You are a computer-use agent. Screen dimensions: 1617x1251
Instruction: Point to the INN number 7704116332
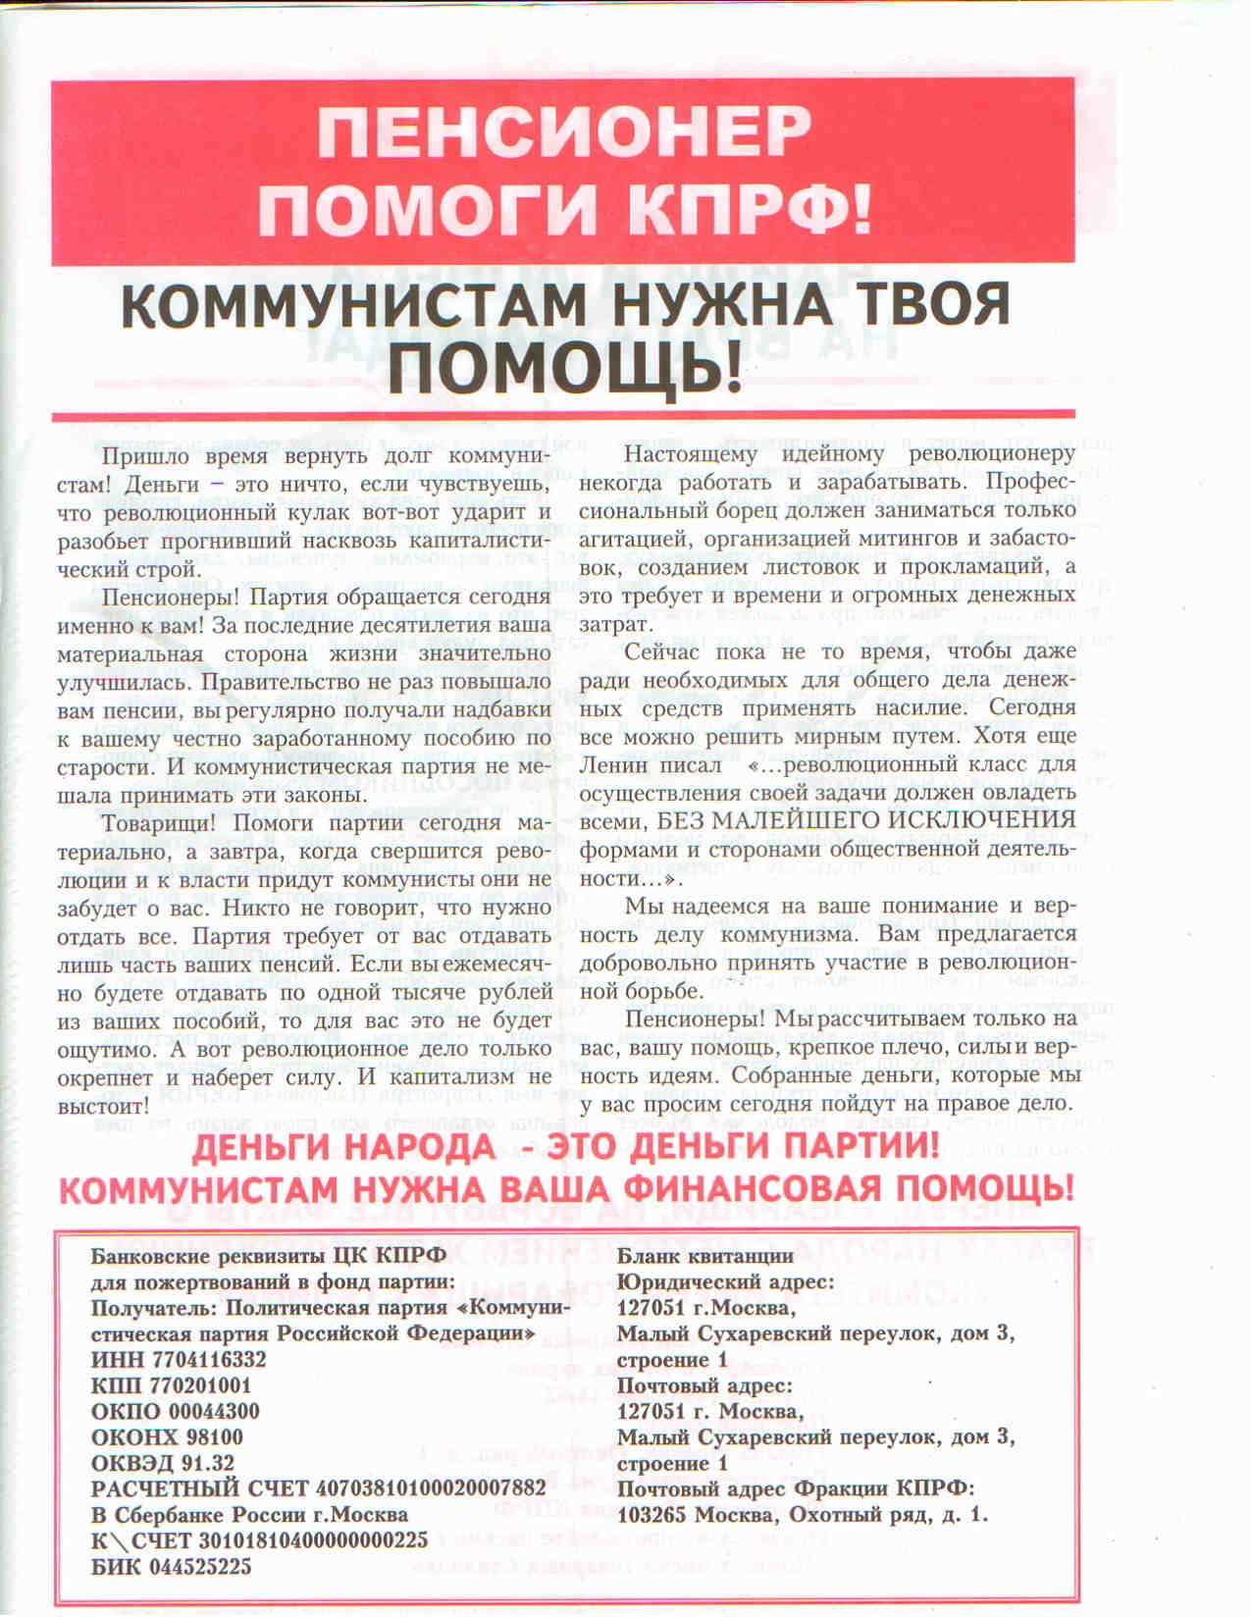click(x=209, y=1360)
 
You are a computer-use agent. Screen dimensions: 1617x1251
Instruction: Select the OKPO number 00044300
click(x=206, y=1411)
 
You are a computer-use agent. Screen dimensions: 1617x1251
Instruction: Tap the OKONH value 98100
click(x=210, y=1436)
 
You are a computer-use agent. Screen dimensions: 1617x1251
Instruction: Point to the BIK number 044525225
click(x=200, y=1566)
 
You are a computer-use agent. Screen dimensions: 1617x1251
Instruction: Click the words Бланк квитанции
click(x=704, y=1256)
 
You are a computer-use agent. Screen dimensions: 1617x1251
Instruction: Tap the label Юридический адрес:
click(x=725, y=1281)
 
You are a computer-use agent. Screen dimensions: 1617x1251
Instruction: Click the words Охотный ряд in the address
click(x=852, y=1515)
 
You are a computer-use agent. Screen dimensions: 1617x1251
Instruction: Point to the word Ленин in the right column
click(x=613, y=763)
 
